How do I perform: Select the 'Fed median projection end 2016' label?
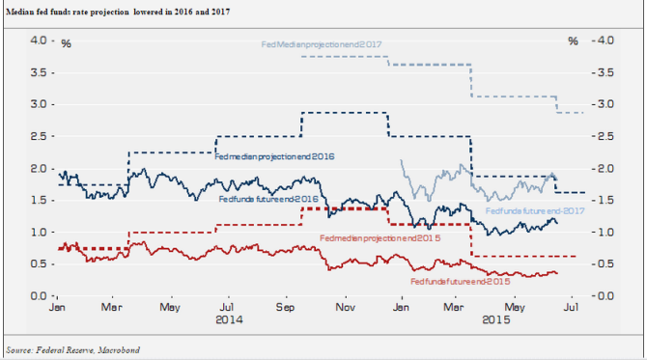[x=274, y=155]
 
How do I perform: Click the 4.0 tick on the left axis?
[x=38, y=41]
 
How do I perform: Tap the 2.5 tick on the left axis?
[x=38, y=136]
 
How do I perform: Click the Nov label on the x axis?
[x=343, y=306]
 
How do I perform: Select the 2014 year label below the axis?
[x=229, y=319]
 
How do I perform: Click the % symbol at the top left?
[x=66, y=42]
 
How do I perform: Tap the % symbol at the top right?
[x=573, y=42]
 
